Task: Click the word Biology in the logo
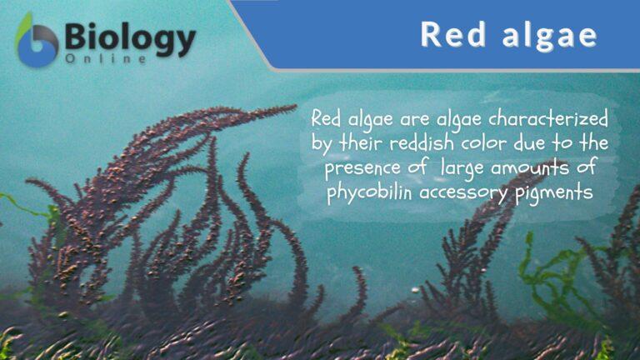click(x=130, y=37)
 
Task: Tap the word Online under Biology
click(x=106, y=61)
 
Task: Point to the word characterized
click(x=558, y=119)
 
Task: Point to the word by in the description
click(x=322, y=143)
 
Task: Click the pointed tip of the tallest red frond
click(x=295, y=107)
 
